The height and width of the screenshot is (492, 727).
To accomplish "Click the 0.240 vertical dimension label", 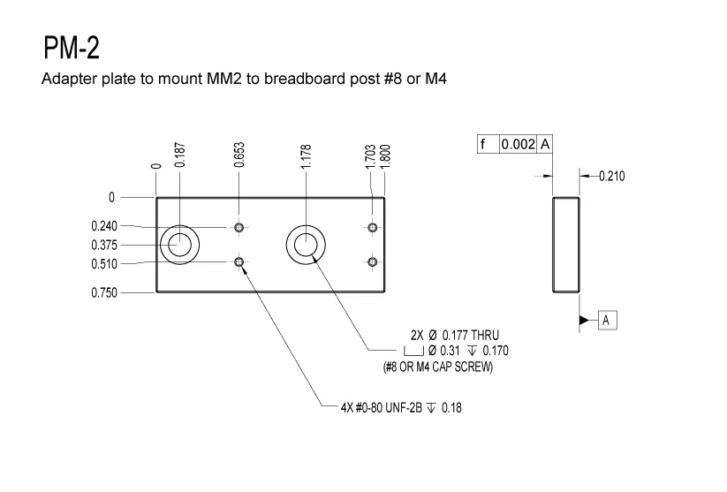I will click(x=104, y=226).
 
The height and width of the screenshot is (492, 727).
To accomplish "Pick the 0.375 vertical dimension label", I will click(x=104, y=245).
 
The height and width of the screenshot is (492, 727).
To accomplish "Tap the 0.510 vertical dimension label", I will click(x=104, y=264).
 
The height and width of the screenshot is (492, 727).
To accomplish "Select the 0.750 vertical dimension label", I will click(x=104, y=292).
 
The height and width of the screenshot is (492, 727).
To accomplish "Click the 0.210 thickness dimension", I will click(x=611, y=177).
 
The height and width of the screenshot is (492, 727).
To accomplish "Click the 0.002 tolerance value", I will click(x=519, y=144).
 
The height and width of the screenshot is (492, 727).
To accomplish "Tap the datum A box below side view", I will click(x=607, y=320).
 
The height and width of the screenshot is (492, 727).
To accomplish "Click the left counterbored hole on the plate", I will click(x=180, y=244).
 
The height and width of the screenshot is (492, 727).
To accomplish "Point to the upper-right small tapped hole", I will click(x=373, y=228).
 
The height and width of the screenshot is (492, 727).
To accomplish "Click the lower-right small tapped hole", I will click(x=373, y=261).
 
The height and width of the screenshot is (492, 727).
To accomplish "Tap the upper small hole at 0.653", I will click(x=239, y=228).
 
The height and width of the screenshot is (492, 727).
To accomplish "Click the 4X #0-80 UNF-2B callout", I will click(x=400, y=408).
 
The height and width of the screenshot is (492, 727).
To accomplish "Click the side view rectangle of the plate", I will click(x=565, y=245).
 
